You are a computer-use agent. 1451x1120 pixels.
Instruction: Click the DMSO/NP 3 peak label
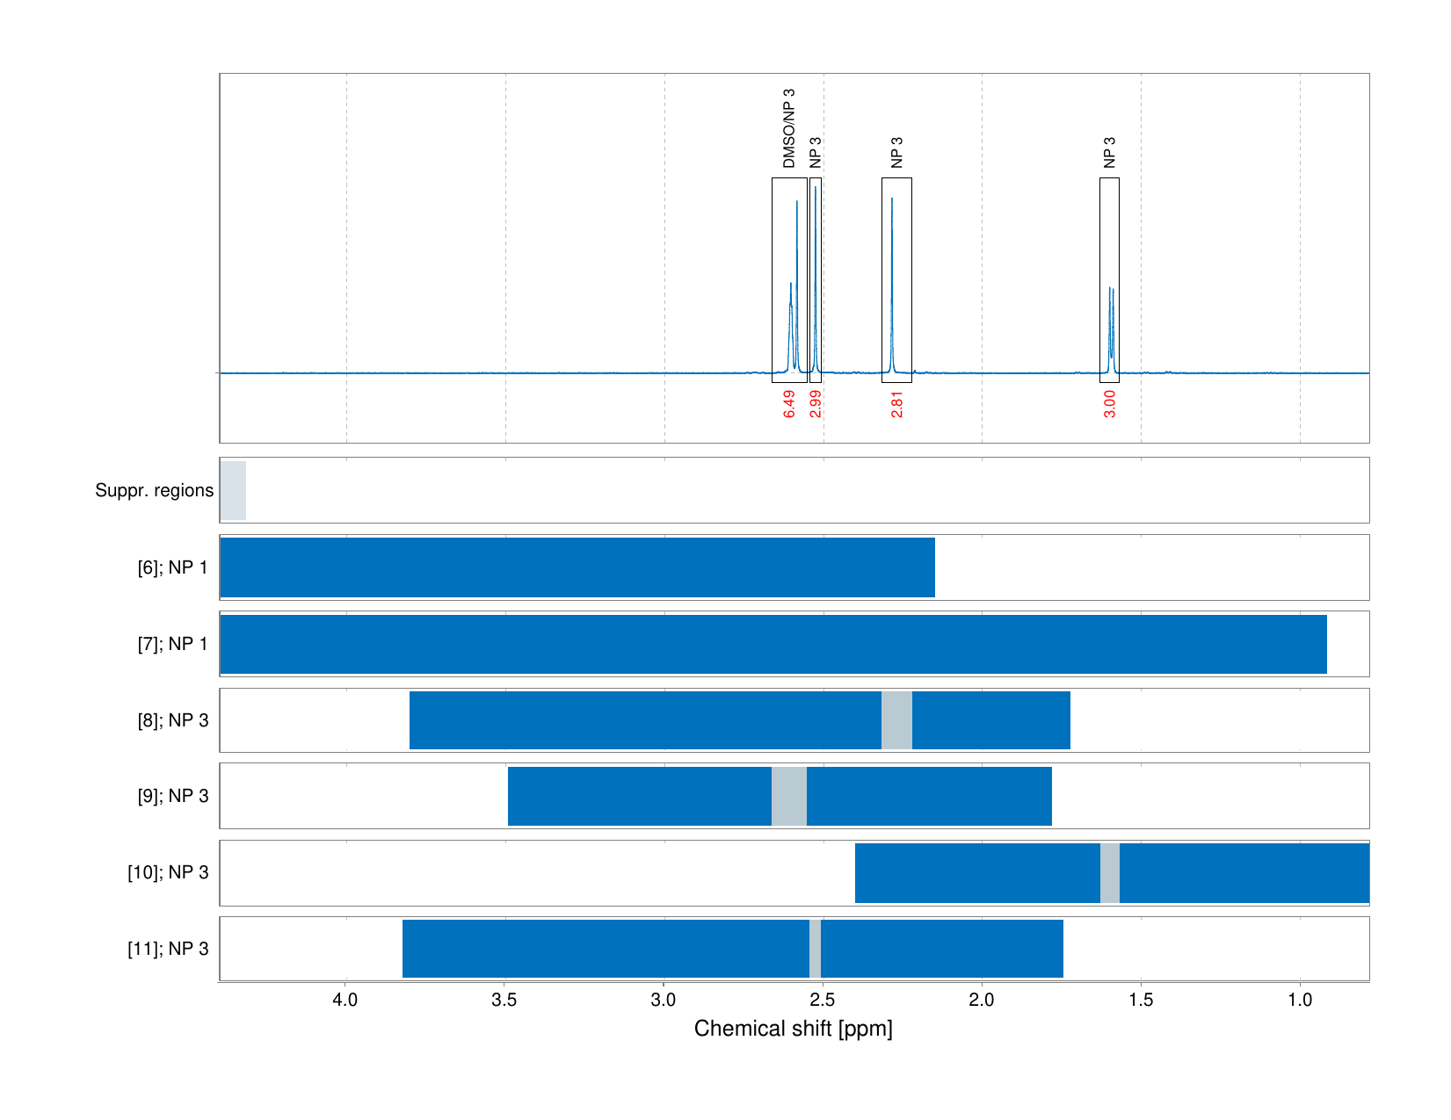pos(788,128)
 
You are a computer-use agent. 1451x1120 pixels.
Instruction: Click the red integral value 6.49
pos(789,404)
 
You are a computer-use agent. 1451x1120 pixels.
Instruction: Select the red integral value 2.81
pos(896,404)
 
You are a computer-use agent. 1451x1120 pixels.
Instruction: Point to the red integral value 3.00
pos(1109,404)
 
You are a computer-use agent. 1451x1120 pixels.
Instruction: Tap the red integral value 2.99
pos(816,404)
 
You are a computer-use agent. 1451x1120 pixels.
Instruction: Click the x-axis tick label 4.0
pos(345,1000)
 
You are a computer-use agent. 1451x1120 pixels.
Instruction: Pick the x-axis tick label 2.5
pos(823,1000)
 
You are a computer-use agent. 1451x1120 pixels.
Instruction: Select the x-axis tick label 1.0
pos(1300,1000)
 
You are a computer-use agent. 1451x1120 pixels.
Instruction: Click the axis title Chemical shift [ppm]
pos(793,1029)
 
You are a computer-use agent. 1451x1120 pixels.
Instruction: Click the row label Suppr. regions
pos(154,490)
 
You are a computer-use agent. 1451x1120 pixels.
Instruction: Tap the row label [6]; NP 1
pos(172,567)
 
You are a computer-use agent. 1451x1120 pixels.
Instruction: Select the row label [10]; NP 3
pos(168,872)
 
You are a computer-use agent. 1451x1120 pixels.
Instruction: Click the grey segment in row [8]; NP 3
pos(896,720)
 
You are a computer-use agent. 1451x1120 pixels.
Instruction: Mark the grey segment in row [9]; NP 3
pos(788,796)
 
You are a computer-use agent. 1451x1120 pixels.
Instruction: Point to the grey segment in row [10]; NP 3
pos(1109,872)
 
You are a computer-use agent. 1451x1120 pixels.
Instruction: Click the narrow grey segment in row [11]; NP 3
pos(815,949)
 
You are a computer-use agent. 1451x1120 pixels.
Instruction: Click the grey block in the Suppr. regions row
pos(233,490)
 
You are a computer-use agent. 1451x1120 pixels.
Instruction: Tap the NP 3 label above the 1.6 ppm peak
pos(1109,152)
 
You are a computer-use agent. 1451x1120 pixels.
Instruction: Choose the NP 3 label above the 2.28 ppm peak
pos(896,152)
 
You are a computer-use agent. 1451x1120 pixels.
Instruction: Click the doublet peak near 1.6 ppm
pos(1111,325)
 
